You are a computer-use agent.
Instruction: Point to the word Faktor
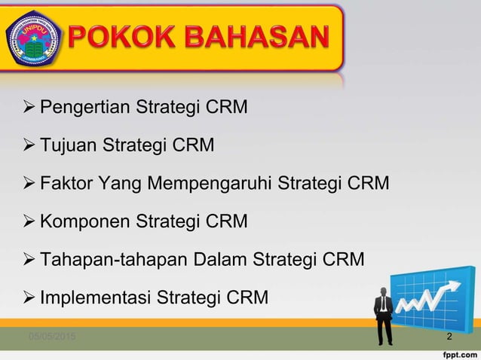coord(66,182)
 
